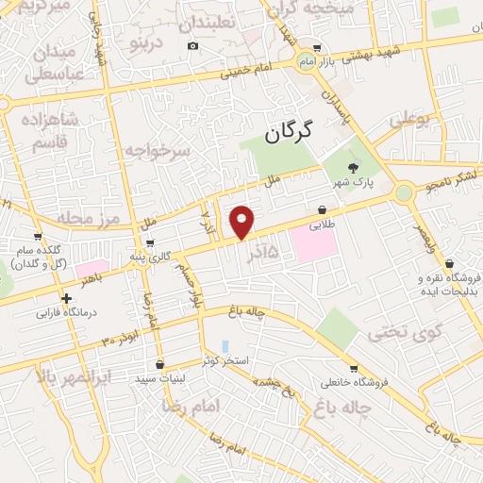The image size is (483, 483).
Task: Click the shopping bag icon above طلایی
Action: [x=323, y=209]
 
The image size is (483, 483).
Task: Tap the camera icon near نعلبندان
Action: [x=193, y=46]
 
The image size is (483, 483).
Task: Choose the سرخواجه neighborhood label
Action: [x=158, y=150]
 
